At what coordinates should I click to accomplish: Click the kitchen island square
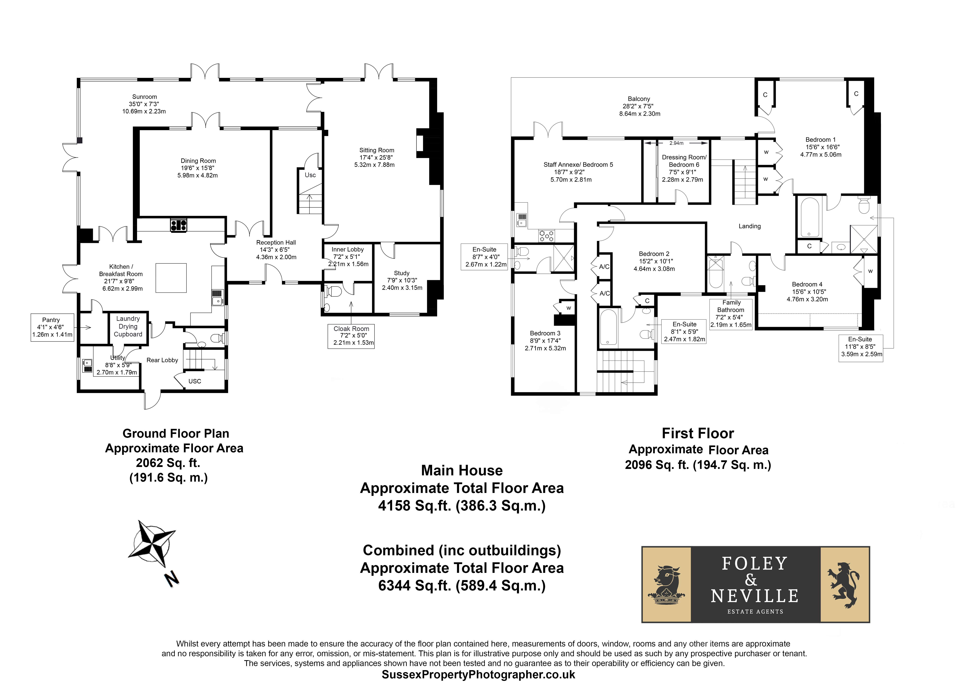click(171, 278)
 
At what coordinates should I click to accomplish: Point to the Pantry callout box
click(52, 327)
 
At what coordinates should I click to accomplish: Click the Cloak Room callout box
click(351, 336)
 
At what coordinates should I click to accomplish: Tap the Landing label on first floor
click(750, 226)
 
